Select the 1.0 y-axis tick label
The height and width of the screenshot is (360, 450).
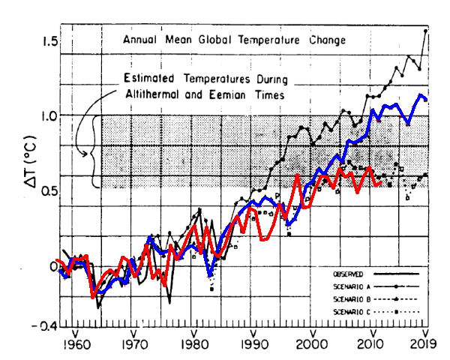click(x=49, y=116)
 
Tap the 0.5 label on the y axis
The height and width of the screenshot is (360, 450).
click(x=49, y=191)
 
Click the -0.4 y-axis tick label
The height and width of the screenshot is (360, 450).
click(x=46, y=326)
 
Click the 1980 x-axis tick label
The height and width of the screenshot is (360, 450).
click(x=194, y=345)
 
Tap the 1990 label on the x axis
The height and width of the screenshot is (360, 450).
click(x=253, y=345)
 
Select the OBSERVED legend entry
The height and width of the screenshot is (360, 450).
click(x=346, y=274)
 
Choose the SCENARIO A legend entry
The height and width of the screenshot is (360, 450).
click(x=349, y=286)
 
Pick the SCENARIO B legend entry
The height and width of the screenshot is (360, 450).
click(x=349, y=298)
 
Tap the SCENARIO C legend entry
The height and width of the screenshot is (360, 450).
click(x=349, y=310)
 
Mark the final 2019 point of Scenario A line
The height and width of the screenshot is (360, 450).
click(x=426, y=31)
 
